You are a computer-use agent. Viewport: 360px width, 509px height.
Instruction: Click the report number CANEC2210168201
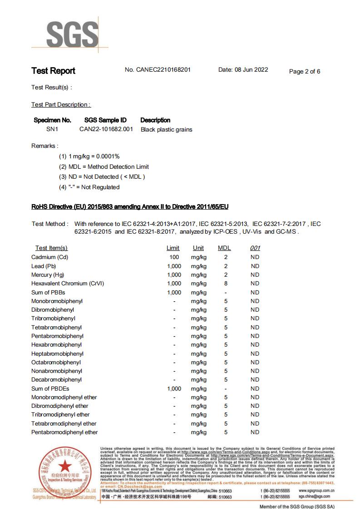click(158, 70)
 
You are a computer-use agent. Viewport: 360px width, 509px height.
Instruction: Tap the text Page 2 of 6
click(305, 71)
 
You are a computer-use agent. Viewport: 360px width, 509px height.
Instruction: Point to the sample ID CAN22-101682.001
click(106, 129)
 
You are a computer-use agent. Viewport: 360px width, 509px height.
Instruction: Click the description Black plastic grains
click(166, 130)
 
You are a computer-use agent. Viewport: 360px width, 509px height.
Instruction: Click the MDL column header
click(224, 248)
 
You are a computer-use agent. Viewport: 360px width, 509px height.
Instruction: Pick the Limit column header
click(173, 248)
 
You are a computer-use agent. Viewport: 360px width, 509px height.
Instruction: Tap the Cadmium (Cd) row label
click(49, 257)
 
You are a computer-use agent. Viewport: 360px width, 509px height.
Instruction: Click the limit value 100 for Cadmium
click(174, 257)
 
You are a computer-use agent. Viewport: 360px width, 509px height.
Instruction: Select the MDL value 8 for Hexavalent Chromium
click(226, 284)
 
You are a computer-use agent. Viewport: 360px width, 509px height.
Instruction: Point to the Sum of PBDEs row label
click(49, 389)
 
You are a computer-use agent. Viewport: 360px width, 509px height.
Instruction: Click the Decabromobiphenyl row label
click(57, 380)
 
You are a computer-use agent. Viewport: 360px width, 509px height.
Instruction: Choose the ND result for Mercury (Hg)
click(255, 275)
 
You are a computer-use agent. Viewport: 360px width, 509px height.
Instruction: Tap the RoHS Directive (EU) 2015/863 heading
click(130, 207)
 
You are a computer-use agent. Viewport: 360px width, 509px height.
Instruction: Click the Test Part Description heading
click(61, 105)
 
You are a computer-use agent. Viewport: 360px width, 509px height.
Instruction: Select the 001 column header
click(255, 248)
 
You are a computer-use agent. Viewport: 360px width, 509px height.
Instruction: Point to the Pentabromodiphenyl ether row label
click(64, 432)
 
